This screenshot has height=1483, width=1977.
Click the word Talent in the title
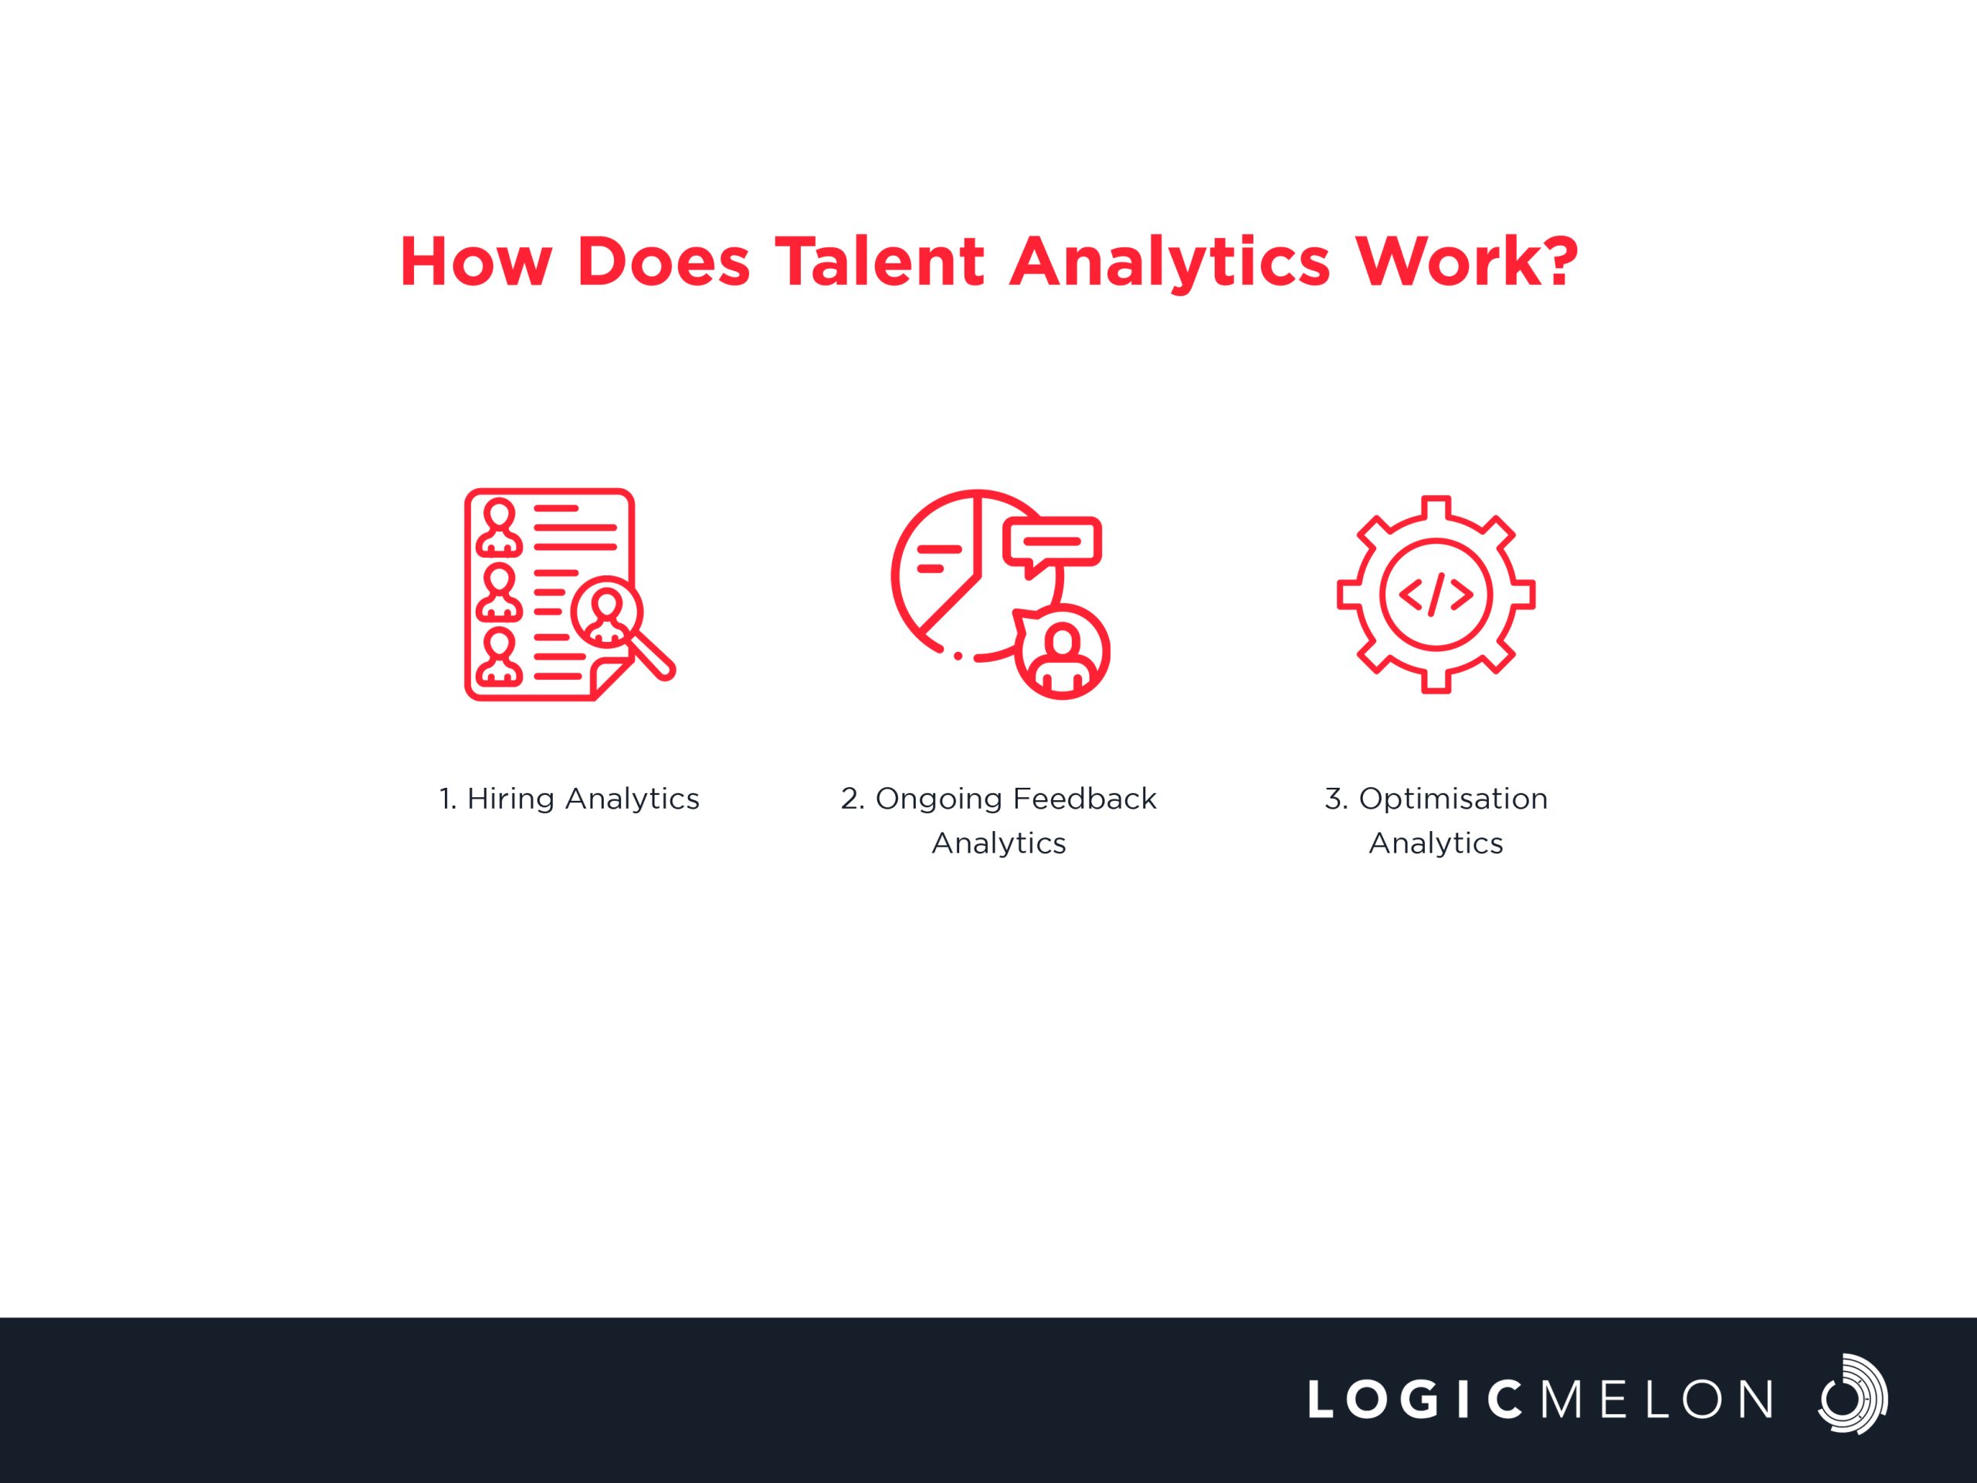880,262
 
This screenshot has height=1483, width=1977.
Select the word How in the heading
476,262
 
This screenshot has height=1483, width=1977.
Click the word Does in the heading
664,262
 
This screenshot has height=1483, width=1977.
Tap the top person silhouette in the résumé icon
499,528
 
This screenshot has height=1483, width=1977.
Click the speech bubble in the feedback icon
1052,546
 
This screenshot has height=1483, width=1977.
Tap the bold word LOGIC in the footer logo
1415,1399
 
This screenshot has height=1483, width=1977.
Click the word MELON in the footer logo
1657,1399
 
